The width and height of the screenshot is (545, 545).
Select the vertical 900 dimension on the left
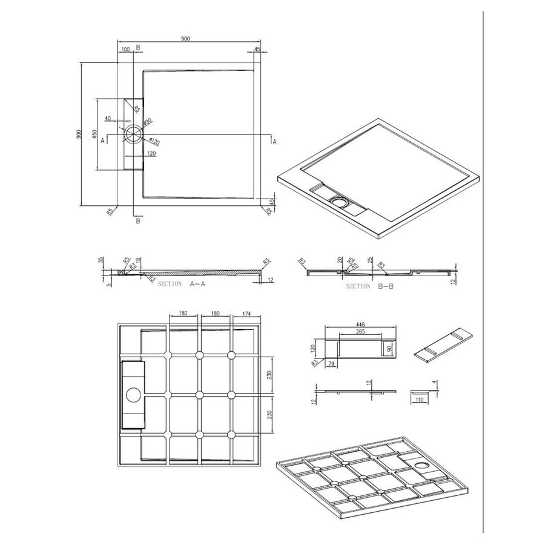(78, 134)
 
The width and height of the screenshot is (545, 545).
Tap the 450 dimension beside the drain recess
(94, 134)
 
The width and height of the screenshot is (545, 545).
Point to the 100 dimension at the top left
(125, 49)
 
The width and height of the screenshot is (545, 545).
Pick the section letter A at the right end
(274, 141)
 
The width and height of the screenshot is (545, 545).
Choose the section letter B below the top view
(138, 222)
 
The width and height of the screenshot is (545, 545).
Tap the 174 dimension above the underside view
(246, 314)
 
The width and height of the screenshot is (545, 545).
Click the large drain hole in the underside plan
(133, 397)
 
